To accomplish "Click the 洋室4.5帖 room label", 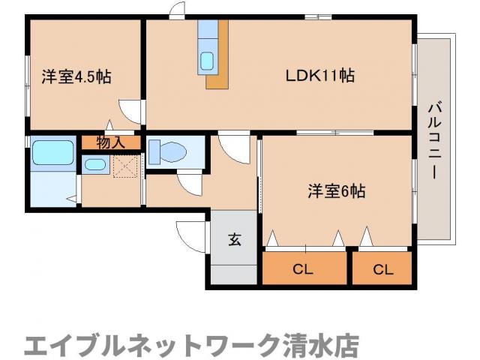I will tap(76, 76).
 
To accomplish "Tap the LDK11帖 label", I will tap(319, 76).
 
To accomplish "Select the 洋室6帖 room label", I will tap(336, 191).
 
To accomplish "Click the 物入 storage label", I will tap(109, 141).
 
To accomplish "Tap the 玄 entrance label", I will tap(233, 240).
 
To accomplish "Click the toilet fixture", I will tap(166, 152).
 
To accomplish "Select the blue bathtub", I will tap(52, 154).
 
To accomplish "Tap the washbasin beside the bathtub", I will tap(95, 164).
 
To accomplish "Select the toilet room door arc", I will tap(189, 182).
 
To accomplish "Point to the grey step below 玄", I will tap(233, 273).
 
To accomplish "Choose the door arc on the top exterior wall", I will tap(177, 11).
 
